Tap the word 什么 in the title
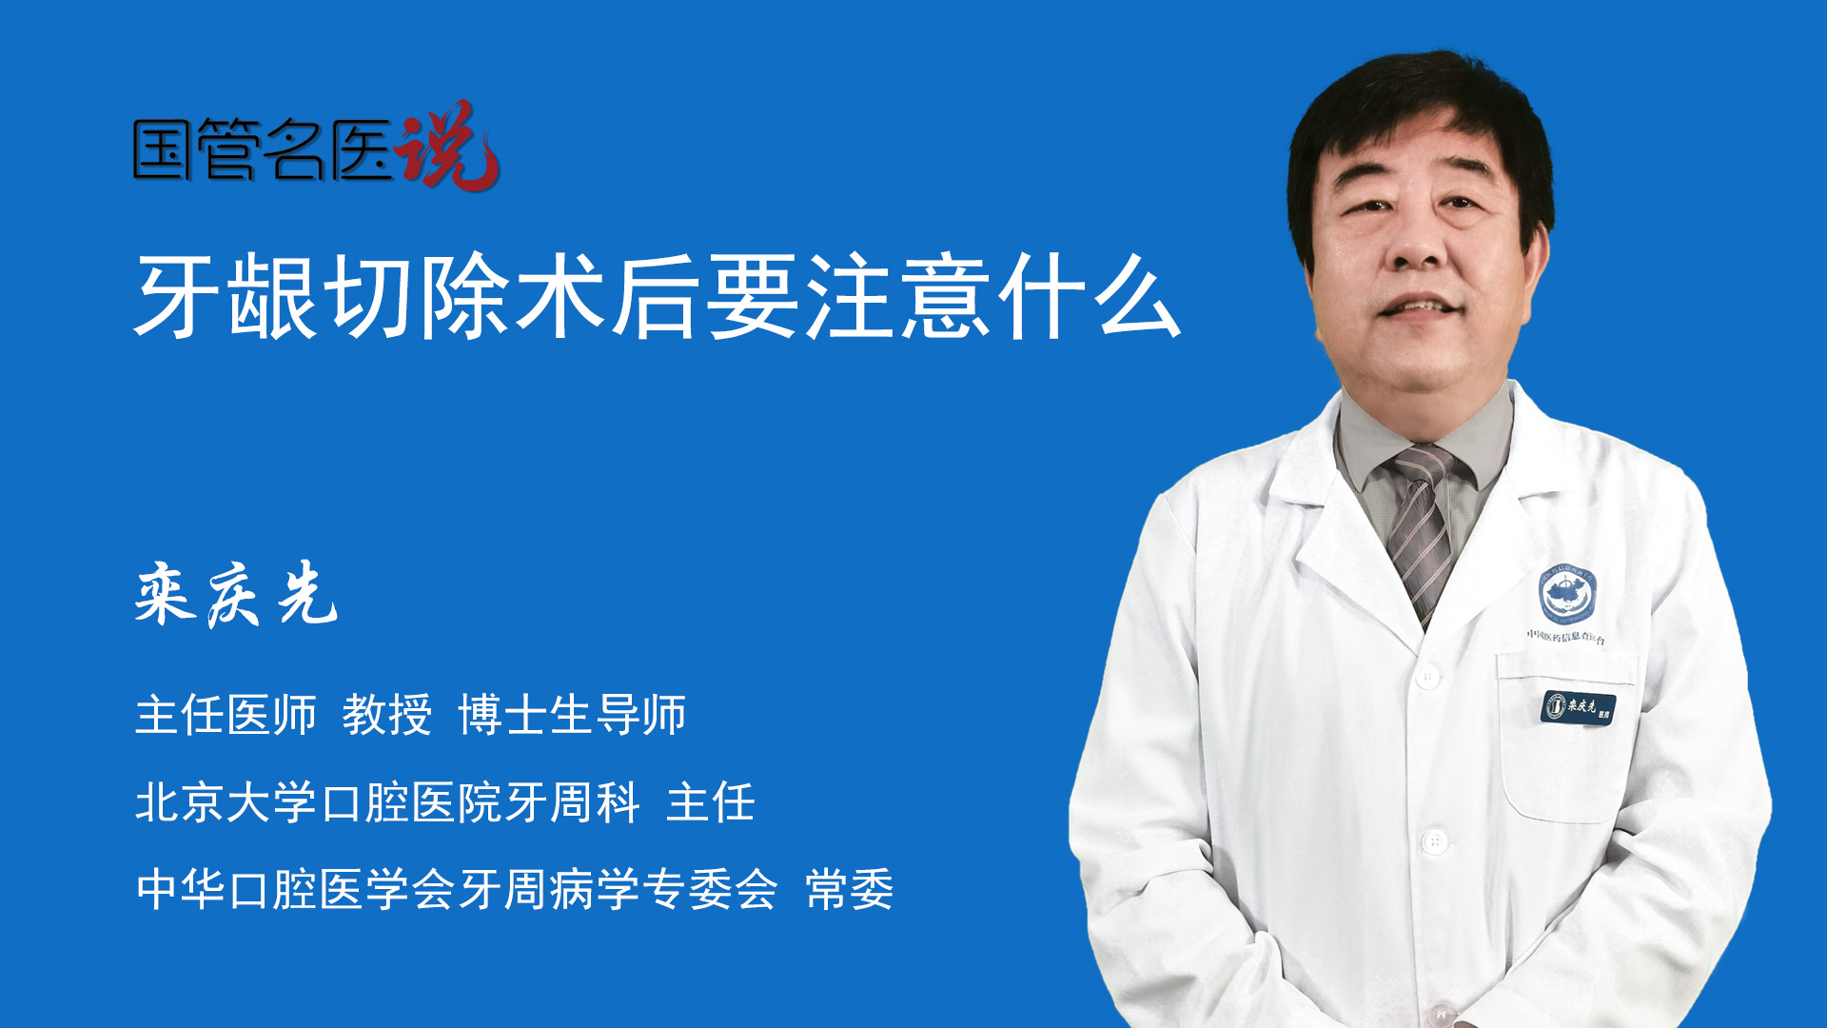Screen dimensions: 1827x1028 pyautogui.click(x=1089, y=296)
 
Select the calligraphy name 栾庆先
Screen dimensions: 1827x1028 pyautogui.click(x=236, y=594)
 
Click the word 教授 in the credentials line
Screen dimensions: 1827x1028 pyautogui.click(x=387, y=714)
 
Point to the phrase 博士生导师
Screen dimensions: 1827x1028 pyautogui.click(x=572, y=714)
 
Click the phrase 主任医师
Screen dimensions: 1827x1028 pyautogui.click(x=226, y=714)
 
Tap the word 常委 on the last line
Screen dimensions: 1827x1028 pyautogui.click(x=850, y=889)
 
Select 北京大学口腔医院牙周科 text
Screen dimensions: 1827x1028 pyautogui.click(x=387, y=801)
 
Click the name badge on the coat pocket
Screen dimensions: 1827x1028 pyautogui.click(x=1578, y=707)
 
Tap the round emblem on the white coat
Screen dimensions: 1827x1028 pyautogui.click(x=1568, y=595)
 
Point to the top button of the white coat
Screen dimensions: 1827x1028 pyautogui.click(x=1427, y=677)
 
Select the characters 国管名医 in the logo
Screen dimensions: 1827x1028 pyautogui.click(x=263, y=149)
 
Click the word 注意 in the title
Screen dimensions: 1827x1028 pyautogui.click(x=897, y=296)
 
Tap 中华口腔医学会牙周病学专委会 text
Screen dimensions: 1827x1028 pyautogui.click(x=457, y=889)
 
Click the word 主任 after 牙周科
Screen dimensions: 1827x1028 pyautogui.click(x=711, y=801)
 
